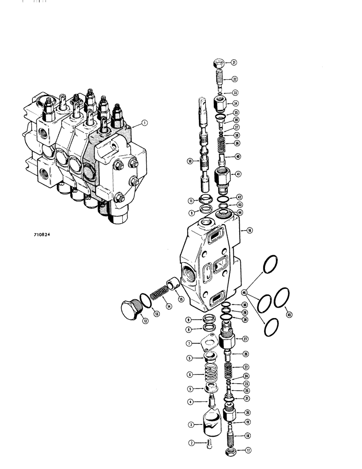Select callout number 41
tap(239, 174)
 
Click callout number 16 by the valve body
tap(249, 231)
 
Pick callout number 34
tap(235, 103)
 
